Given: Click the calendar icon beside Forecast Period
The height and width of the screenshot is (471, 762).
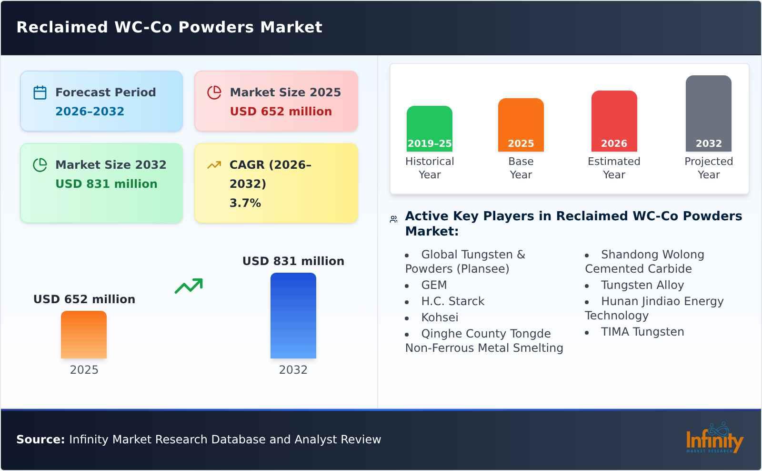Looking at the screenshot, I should (x=40, y=92).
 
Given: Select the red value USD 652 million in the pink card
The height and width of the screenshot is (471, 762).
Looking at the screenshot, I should (x=281, y=112).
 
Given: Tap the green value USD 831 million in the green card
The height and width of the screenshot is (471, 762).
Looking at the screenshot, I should (x=106, y=184).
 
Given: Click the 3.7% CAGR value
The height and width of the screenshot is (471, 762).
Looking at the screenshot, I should (x=245, y=203).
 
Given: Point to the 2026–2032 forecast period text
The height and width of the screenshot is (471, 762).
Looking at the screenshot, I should (x=90, y=112).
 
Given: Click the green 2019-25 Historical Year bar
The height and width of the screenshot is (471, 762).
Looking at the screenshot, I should (x=429, y=129).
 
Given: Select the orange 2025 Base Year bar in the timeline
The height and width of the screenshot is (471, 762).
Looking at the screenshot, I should (x=521, y=125).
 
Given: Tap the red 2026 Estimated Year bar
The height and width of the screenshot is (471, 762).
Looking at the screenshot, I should (x=614, y=121).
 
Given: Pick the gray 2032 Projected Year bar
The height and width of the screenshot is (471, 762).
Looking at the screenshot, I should (x=708, y=113).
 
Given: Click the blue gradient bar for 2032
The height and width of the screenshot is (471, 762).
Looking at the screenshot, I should (x=293, y=316).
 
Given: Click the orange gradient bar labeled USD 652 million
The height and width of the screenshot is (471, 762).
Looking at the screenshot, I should (x=84, y=335).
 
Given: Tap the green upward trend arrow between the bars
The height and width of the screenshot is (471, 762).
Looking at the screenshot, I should (x=189, y=286).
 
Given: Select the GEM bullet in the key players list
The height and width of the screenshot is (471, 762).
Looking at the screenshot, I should (x=433, y=285).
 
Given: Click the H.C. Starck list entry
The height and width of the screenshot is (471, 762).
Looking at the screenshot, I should (x=452, y=301).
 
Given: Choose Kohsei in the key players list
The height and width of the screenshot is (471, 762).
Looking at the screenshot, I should (x=439, y=317).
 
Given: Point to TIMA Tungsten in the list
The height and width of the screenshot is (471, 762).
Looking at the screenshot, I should (x=642, y=332).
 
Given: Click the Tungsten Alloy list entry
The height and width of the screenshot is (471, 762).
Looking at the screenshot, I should (x=642, y=285).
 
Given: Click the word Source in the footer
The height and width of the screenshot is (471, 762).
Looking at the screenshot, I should (x=40, y=440).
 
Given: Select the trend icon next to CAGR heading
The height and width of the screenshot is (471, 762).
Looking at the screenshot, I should (x=214, y=165).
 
